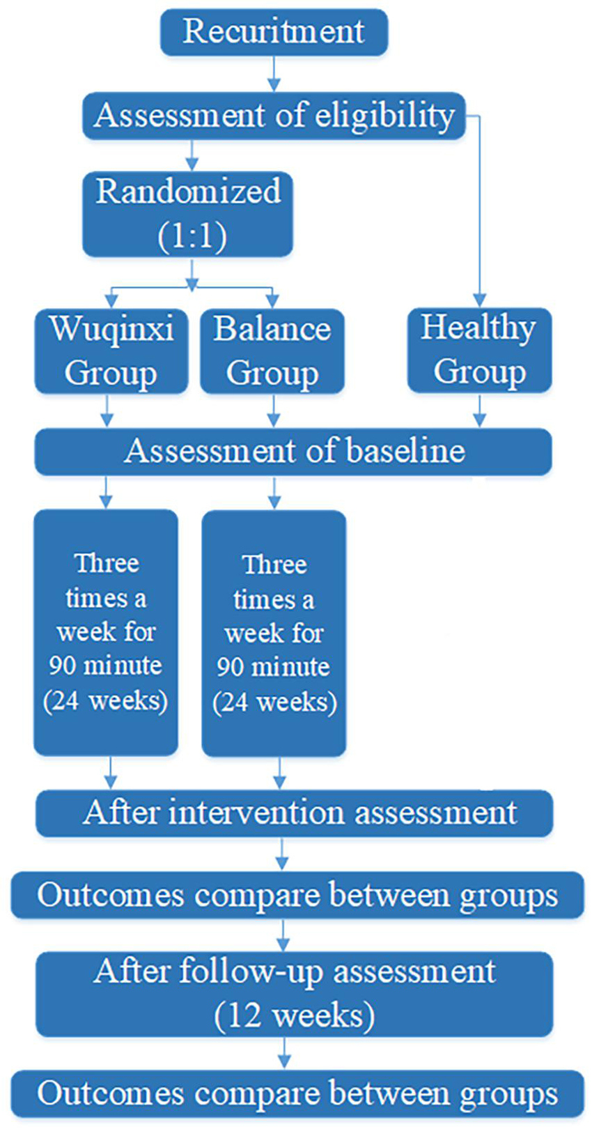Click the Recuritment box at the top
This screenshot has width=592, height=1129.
pyautogui.click(x=274, y=32)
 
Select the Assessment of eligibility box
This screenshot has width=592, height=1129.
pyautogui.click(x=274, y=116)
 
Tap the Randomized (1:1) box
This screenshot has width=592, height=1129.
pyautogui.click(x=187, y=214)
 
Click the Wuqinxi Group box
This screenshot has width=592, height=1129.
pyautogui.click(x=111, y=351)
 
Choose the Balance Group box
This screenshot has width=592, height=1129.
pyautogui.click(x=272, y=351)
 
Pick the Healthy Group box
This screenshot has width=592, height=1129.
pyautogui.click(x=480, y=351)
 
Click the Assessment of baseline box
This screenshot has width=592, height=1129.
pyautogui.click(x=293, y=452)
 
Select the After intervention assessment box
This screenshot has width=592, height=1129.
pyautogui.click(x=294, y=813)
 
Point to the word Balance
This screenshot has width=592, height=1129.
pyautogui.click(x=272, y=330)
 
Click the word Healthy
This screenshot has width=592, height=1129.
pyautogui.click(x=478, y=329)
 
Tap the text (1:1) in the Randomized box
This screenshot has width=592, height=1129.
pyautogui.click(x=192, y=236)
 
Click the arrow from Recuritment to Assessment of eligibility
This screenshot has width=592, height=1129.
pyautogui.click(x=274, y=74)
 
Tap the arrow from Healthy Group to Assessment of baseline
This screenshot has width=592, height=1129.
pyautogui.click(x=480, y=410)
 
